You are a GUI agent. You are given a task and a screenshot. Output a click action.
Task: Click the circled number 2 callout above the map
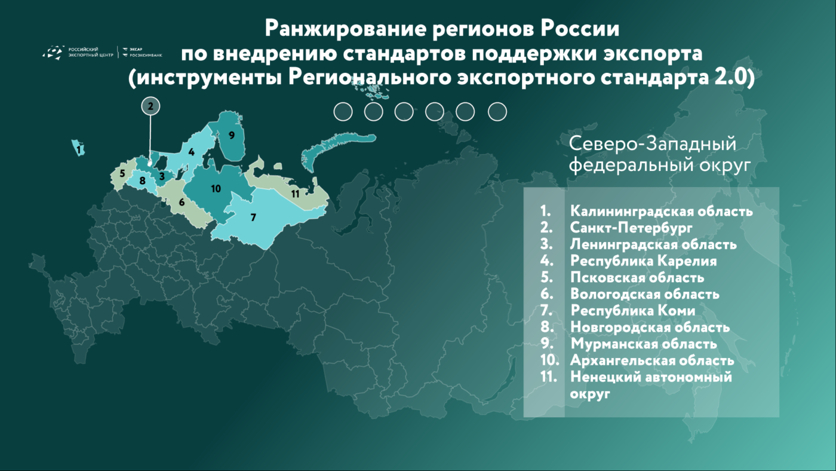[150, 106]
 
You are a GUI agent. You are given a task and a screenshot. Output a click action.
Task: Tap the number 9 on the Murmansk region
[232, 135]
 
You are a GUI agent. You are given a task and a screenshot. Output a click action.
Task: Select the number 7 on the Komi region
[253, 217]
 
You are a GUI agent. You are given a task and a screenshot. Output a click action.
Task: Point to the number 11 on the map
[295, 194]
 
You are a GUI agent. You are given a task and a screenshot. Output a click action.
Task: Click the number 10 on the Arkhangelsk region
[216, 189]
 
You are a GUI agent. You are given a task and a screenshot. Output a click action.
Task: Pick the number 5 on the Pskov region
[122, 173]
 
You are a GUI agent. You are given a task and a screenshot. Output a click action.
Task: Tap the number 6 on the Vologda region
[182, 202]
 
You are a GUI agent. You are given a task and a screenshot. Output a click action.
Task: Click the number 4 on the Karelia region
[192, 152]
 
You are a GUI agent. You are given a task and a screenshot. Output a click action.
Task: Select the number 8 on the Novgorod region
[142, 181]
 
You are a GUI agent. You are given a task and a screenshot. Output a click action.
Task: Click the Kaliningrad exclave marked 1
[78, 148]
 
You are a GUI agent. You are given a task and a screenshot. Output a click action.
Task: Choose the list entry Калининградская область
[662, 212]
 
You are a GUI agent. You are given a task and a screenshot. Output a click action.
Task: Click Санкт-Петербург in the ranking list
[631, 228]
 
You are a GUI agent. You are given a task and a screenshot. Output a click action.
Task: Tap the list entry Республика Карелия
[644, 261]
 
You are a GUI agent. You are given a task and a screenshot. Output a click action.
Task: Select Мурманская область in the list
[644, 344]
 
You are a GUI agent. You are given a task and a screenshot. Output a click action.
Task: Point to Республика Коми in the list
[632, 311]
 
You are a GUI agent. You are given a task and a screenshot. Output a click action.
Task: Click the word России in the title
[580, 29]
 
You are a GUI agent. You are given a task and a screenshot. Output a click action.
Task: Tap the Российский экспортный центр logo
[78, 52]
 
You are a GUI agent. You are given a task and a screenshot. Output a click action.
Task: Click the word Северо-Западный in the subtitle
[653, 144]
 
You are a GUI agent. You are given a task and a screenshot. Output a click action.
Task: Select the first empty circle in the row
[343, 112]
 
